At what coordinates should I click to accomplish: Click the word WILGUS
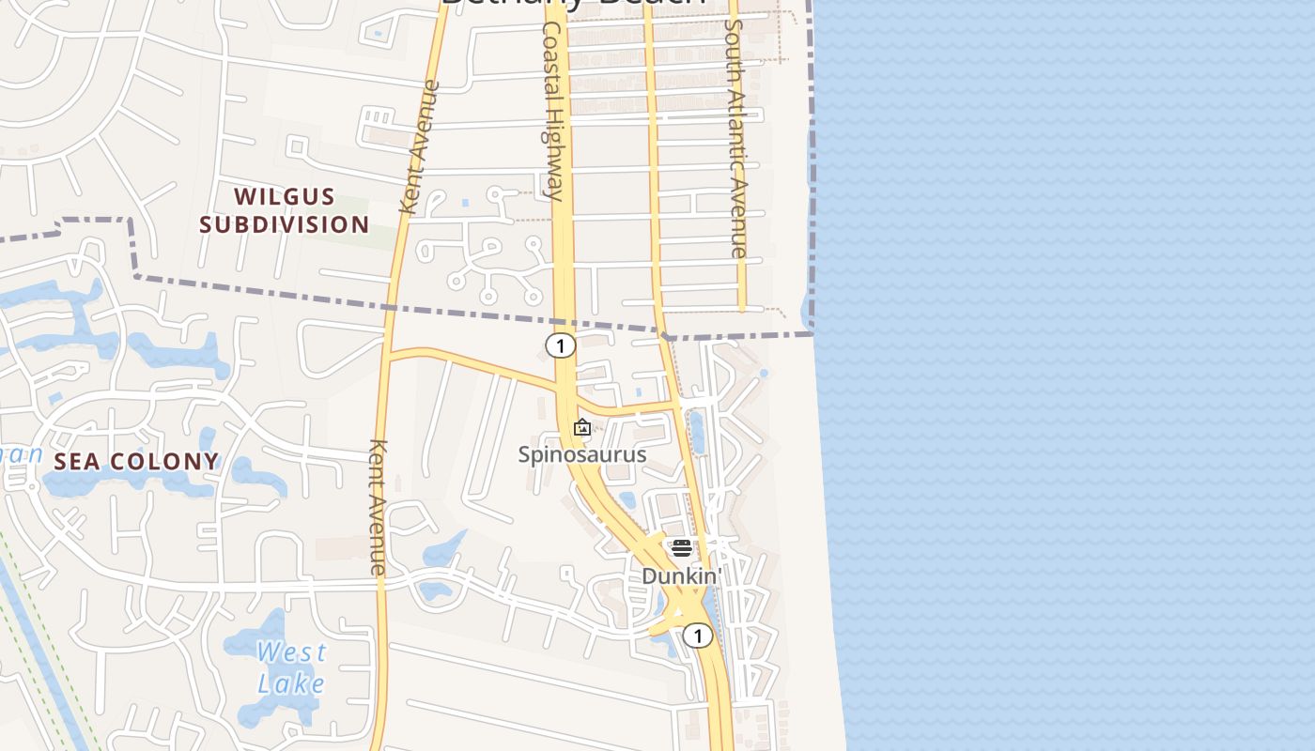pos(284,196)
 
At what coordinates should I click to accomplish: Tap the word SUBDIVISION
pos(284,224)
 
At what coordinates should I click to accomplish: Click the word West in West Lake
pos(292,651)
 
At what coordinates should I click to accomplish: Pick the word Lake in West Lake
pos(292,683)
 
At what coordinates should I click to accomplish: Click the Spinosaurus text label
pos(582,454)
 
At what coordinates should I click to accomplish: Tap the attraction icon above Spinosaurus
pos(582,428)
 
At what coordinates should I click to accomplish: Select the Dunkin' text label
pos(681,575)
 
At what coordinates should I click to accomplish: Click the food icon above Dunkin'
pos(682,547)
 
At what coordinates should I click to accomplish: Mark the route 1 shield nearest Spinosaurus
pos(561,346)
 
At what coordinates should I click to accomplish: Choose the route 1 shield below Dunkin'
pos(698,636)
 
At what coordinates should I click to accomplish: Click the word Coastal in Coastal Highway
pos(551,66)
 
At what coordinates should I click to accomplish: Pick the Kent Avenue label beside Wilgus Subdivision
pos(419,147)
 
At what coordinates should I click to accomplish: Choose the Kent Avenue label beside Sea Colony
pos(378,507)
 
